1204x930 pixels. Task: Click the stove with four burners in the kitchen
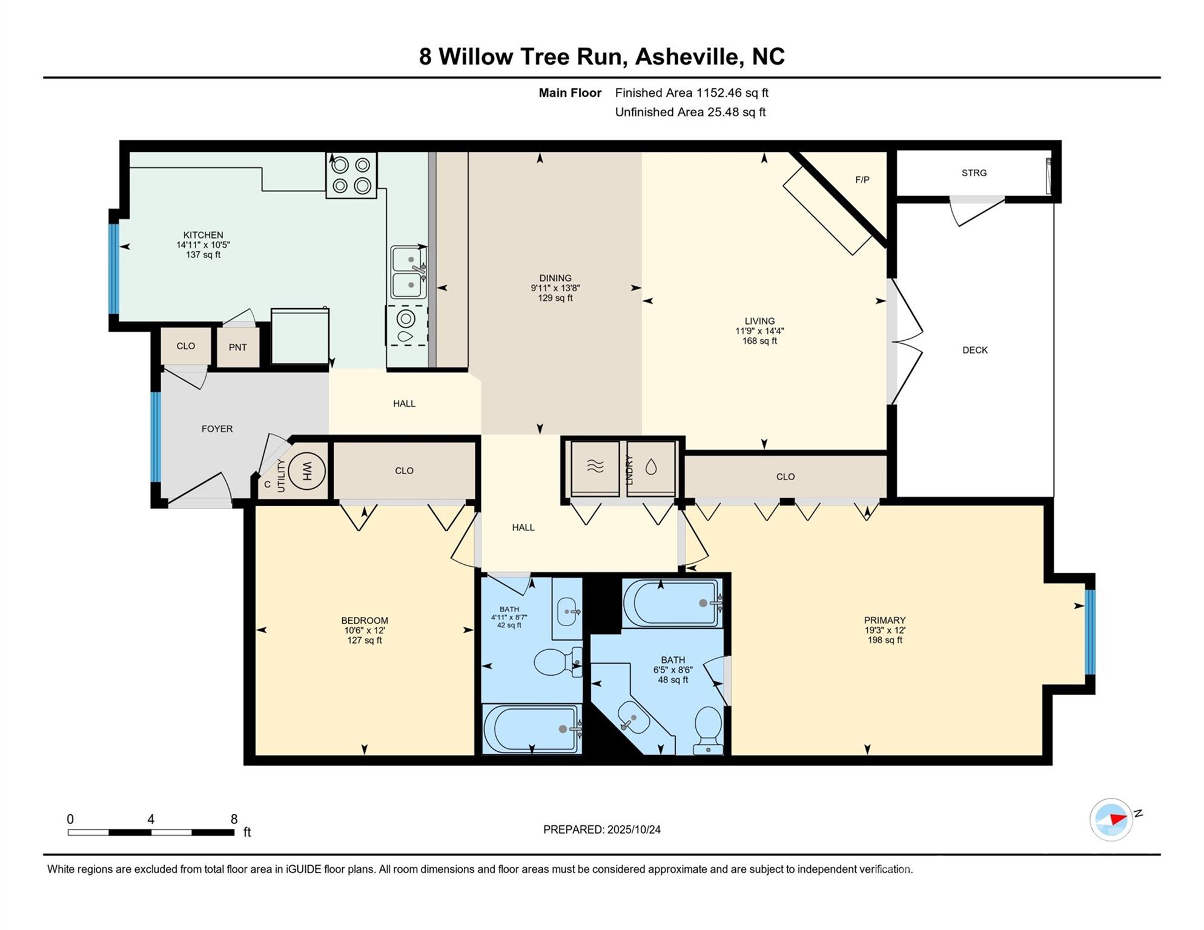pos(351,175)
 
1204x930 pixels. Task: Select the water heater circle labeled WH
pos(306,470)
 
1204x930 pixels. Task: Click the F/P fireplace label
pos(862,180)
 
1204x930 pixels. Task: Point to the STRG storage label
pos(974,173)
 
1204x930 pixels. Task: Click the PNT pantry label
pos(237,348)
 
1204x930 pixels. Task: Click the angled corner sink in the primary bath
pos(633,717)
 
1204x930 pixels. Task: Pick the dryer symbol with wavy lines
pos(595,467)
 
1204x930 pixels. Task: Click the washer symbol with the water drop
pos(651,467)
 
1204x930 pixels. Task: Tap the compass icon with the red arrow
pos(1111,819)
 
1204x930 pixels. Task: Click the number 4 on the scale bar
pos(151,819)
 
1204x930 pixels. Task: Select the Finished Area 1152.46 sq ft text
pos(691,93)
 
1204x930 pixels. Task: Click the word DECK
pos(974,350)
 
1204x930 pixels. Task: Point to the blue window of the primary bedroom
pos(1090,632)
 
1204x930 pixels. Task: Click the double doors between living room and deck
pos(905,341)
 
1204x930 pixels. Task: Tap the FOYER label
pos(217,429)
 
